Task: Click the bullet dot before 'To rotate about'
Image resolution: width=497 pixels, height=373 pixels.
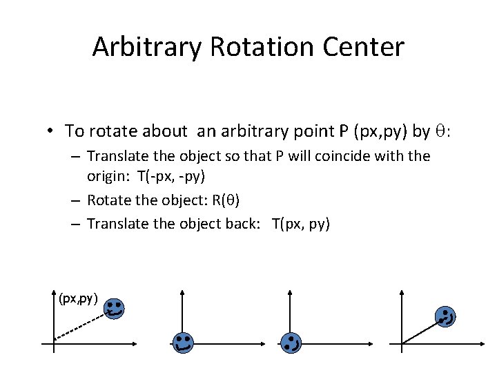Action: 51,131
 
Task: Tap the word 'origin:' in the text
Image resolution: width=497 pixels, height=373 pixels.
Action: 109,176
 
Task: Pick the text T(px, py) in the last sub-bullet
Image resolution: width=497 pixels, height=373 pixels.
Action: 301,224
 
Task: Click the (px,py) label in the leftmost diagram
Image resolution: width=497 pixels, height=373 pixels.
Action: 78,298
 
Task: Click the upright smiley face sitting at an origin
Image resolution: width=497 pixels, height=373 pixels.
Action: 182,341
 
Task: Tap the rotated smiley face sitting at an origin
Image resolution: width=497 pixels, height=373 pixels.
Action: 291,341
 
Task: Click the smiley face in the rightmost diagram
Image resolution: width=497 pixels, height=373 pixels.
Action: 446,318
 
